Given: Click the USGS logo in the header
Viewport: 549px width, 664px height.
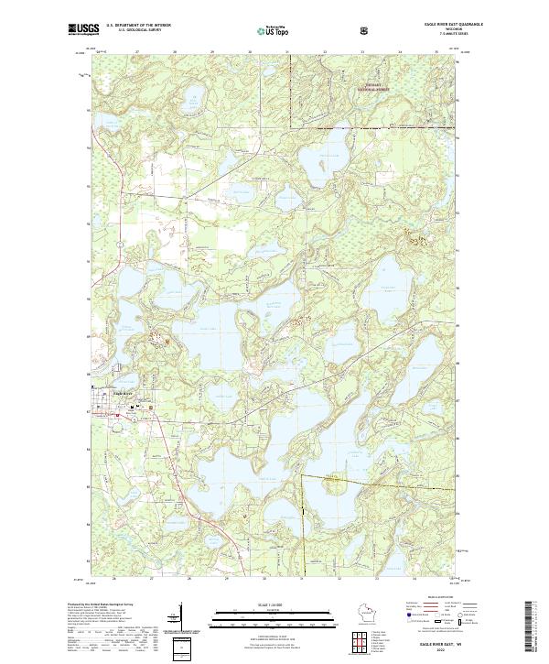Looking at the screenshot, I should click(84, 30).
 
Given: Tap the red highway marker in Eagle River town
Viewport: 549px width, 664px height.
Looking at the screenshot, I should click(117, 414).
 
